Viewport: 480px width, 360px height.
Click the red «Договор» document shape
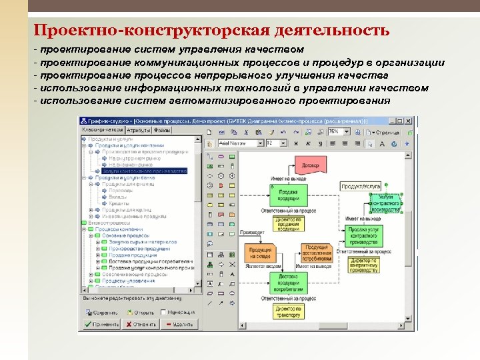click(x=309, y=165)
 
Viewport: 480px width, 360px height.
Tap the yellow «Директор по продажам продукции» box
click(x=289, y=223)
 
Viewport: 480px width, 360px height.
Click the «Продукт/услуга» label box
click(x=361, y=187)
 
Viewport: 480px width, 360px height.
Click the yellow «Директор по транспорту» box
click(x=289, y=311)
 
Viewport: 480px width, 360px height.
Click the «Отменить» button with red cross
click(x=140, y=324)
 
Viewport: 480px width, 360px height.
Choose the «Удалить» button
click(x=179, y=324)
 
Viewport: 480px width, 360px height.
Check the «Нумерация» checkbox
click(x=164, y=312)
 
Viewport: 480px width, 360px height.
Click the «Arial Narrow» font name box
click(x=244, y=143)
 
